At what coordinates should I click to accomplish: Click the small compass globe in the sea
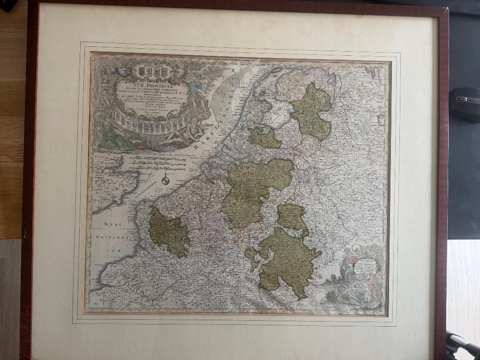click(x=165, y=180)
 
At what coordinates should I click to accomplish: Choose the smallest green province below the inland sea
click(x=264, y=137)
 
